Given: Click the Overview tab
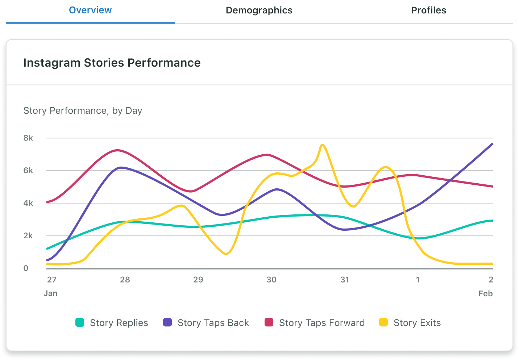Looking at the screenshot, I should [x=90, y=11].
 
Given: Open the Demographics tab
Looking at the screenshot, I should [x=259, y=11].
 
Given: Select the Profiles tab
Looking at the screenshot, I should [x=428, y=11].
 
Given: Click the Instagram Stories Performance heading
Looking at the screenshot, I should [x=112, y=63].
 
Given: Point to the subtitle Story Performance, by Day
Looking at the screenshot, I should [x=83, y=110].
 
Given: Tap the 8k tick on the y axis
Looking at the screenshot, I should [x=28, y=138].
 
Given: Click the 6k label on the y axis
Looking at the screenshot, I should [x=28, y=171].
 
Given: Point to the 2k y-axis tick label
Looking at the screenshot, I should [x=28, y=236].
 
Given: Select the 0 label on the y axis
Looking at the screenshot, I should [x=26, y=268].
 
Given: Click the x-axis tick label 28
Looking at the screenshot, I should [x=125, y=280].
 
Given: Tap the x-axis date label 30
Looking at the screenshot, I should [x=271, y=280].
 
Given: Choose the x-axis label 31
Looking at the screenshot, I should [x=345, y=280].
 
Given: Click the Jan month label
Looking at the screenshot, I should [x=50, y=293].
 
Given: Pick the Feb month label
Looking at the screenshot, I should [x=485, y=293].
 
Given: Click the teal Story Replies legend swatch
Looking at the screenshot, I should [x=80, y=322].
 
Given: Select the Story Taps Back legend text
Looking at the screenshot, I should [x=213, y=323].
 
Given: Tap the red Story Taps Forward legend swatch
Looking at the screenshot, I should [x=269, y=322].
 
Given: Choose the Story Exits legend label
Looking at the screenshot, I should [x=417, y=323].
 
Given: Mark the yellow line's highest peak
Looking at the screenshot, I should [x=322, y=145].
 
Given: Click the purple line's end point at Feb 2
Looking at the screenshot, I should [x=493, y=144].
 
